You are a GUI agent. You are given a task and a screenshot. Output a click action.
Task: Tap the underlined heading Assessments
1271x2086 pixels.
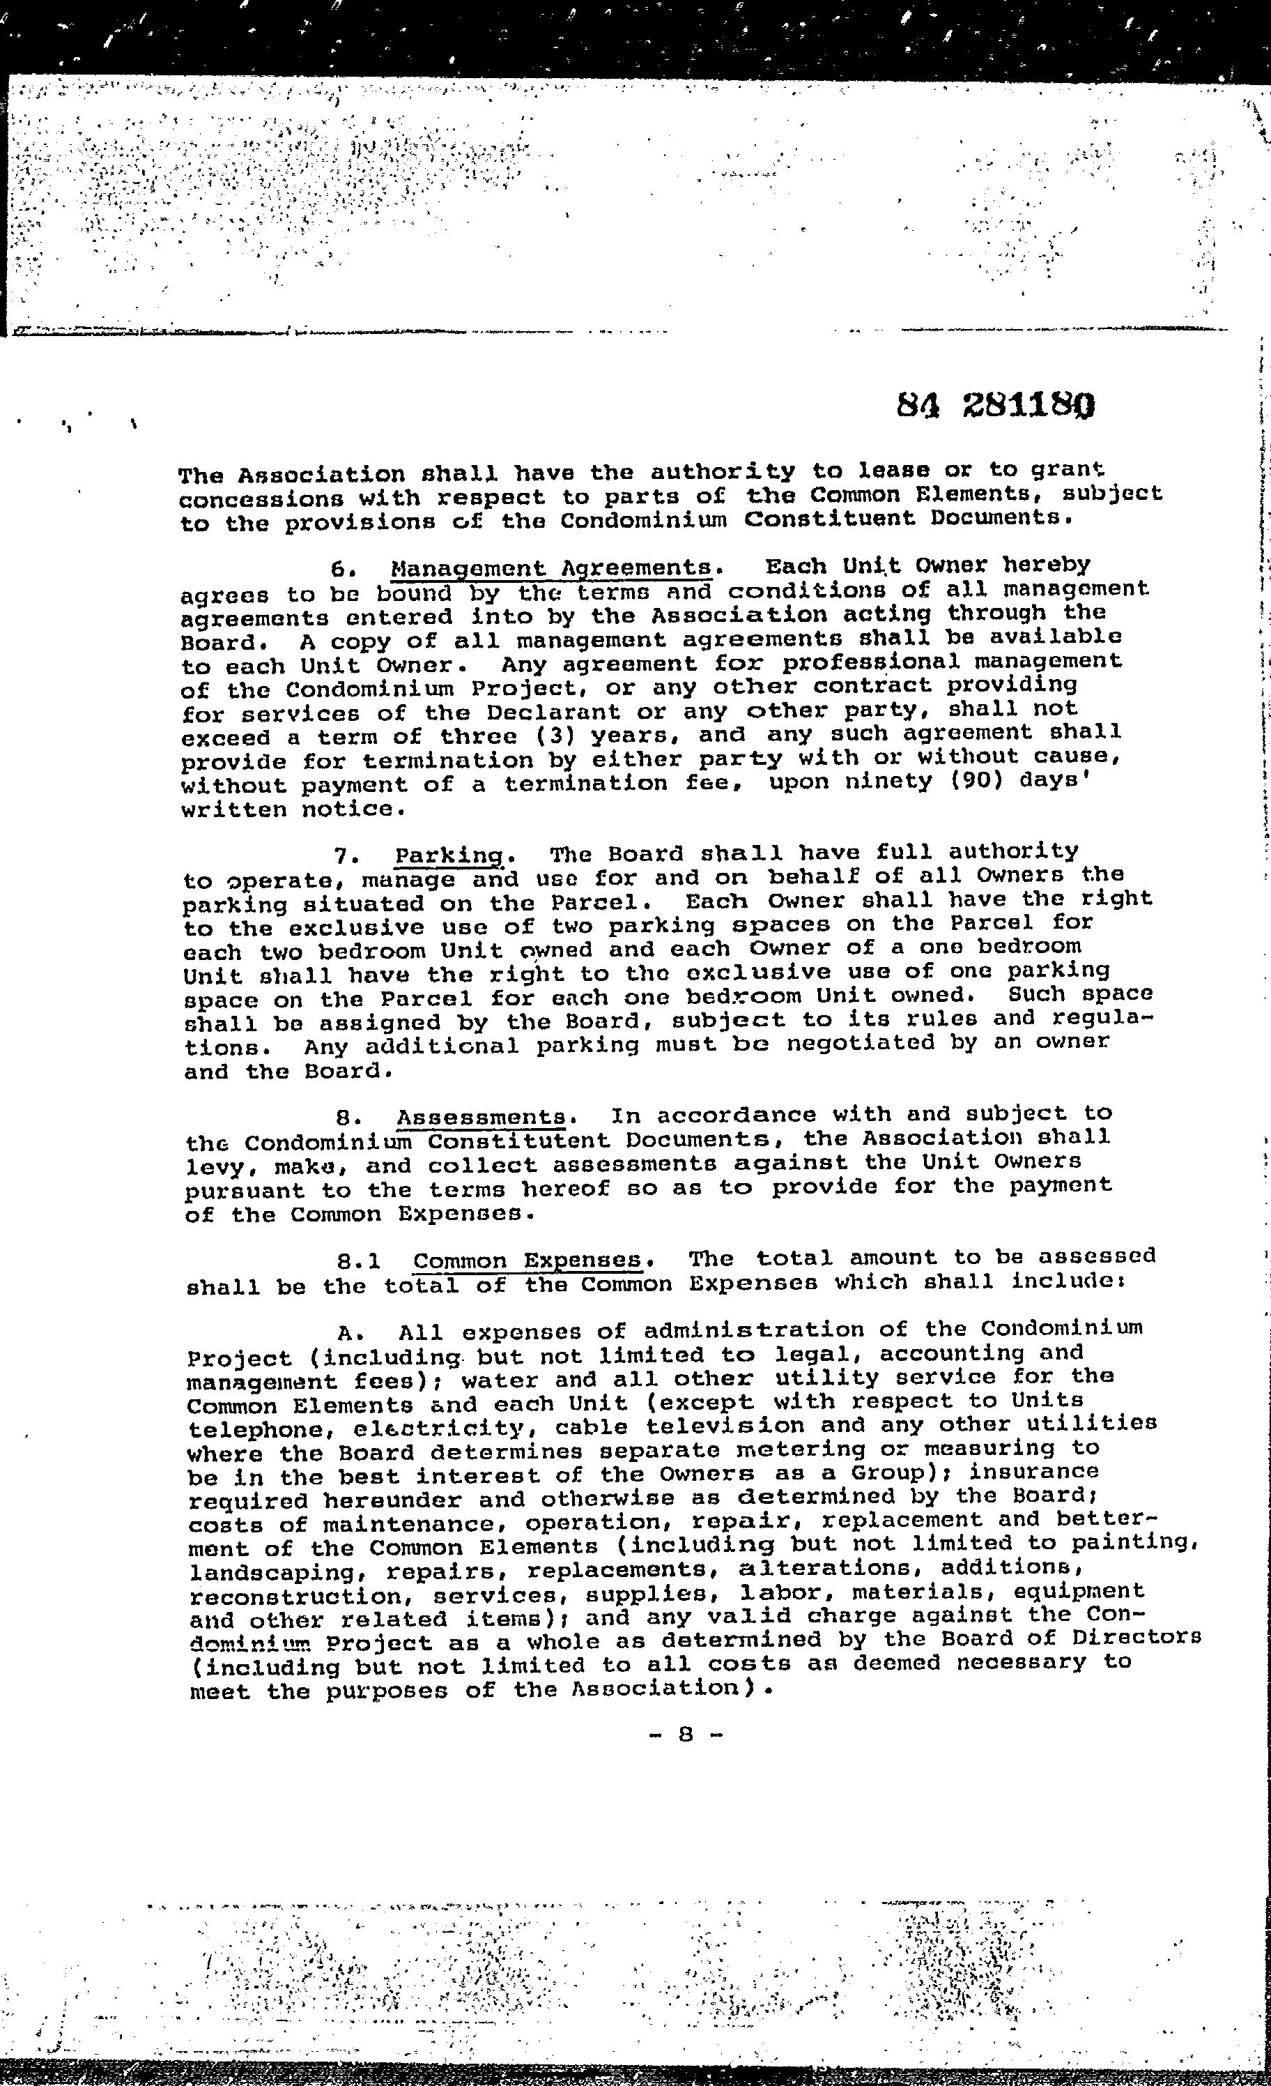pos(481,1118)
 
